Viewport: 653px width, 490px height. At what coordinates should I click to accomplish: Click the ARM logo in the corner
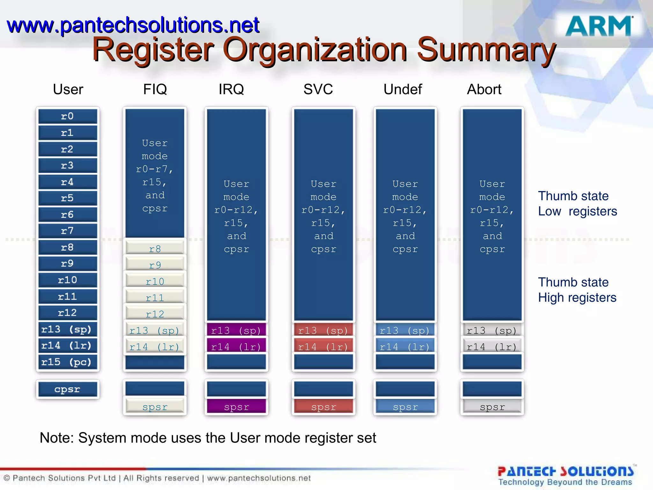tap(599, 26)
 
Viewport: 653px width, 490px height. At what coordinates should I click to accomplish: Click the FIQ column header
tap(155, 89)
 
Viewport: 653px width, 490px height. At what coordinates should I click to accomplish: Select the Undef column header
tap(402, 89)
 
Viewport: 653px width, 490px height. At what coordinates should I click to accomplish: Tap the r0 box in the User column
tap(68, 116)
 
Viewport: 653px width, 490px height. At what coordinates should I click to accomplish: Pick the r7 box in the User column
tap(68, 231)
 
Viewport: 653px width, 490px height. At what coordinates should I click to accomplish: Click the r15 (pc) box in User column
tap(68, 362)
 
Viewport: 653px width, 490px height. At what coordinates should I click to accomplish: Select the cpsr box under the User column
tap(68, 390)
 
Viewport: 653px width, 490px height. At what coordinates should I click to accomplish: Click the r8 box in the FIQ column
tap(155, 249)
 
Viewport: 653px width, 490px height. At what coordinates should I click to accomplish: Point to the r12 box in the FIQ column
tap(155, 314)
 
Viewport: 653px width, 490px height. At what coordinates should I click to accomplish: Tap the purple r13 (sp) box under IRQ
tap(236, 330)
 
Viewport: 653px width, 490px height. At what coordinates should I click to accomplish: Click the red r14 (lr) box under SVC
tap(323, 347)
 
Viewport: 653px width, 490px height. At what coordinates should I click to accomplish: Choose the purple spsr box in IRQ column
tap(236, 407)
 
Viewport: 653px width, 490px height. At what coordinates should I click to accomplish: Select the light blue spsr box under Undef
tap(405, 407)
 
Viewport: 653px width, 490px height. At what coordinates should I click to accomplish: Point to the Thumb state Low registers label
tap(577, 204)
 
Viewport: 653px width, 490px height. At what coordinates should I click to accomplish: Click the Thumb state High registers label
tap(577, 290)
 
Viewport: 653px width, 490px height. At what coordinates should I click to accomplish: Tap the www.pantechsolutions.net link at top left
tap(133, 26)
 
